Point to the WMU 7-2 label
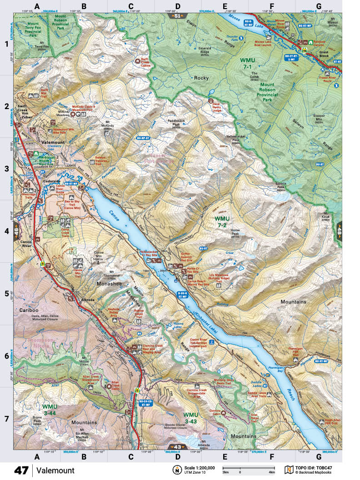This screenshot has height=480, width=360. tap(223, 221)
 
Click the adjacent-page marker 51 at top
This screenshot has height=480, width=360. tap(177, 16)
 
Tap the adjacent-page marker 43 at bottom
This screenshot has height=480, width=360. tap(177, 447)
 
